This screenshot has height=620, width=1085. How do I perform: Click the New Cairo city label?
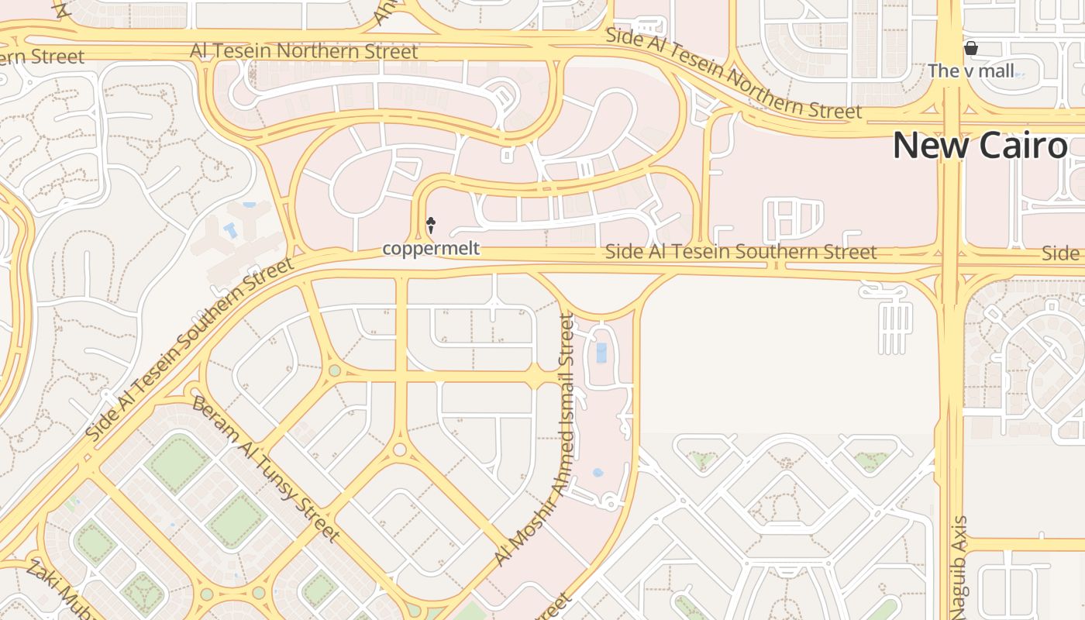click(x=980, y=146)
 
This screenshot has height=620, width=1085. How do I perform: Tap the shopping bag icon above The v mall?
click(x=970, y=49)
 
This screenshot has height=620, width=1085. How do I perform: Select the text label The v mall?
click(x=970, y=71)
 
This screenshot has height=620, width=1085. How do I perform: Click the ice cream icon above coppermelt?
click(x=431, y=226)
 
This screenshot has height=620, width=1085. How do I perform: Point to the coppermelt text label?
click(x=431, y=249)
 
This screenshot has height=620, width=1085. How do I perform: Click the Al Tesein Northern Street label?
click(x=304, y=51)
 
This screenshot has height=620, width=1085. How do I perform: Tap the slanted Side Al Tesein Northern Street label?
click(x=733, y=74)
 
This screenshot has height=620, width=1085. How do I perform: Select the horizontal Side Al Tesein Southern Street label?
click(x=740, y=252)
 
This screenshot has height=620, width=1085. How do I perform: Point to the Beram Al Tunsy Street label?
click(x=266, y=469)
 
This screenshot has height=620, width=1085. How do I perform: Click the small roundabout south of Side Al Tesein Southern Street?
click(x=400, y=449)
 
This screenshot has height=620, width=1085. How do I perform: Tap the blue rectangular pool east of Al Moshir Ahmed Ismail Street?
click(x=601, y=353)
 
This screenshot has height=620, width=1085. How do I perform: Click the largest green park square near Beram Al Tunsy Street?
click(x=177, y=463)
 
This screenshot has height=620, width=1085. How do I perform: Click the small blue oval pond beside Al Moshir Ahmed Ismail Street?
click(x=598, y=472)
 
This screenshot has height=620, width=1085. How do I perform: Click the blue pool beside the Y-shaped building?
click(x=231, y=230)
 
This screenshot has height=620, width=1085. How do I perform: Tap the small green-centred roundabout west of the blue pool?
click(x=334, y=370)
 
